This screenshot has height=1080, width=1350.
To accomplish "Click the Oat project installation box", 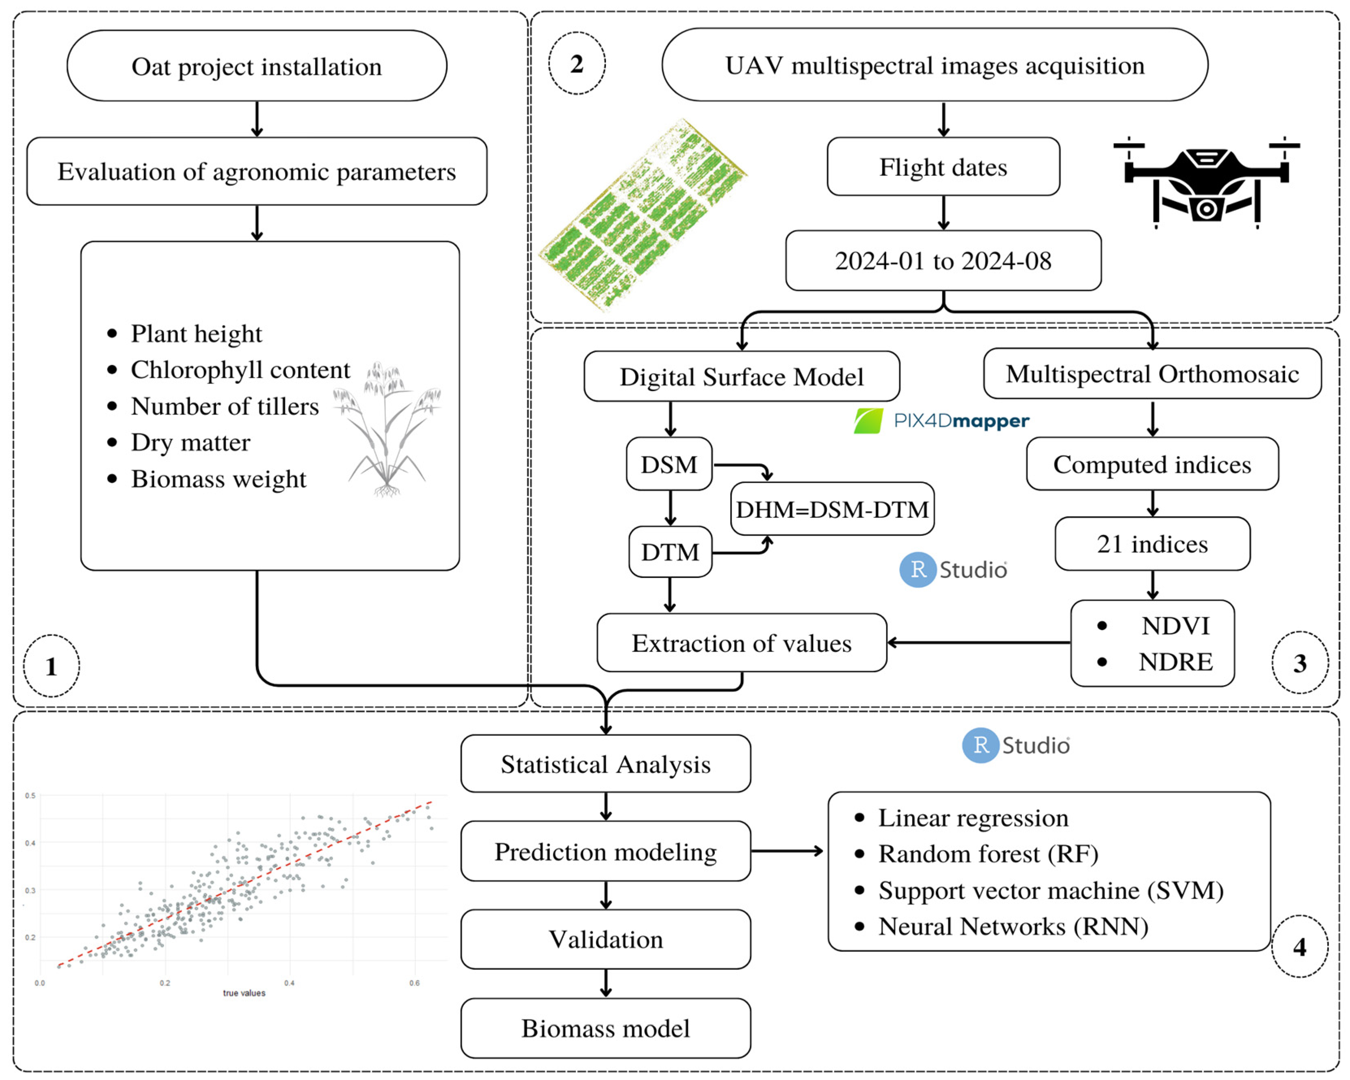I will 257,66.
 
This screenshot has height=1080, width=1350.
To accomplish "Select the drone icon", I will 1206,182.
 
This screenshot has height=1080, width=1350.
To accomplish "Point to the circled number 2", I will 577,63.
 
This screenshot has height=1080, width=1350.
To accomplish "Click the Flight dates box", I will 943,167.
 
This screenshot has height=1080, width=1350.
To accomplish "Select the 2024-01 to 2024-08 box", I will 943,260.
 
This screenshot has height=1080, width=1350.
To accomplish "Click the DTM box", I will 670,552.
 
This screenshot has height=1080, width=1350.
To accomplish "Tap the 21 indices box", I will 1152,543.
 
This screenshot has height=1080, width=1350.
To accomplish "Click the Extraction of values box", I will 741,643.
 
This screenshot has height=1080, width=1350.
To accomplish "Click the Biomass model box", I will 606,1028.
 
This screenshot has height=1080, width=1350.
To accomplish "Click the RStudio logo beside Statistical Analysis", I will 1016,745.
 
